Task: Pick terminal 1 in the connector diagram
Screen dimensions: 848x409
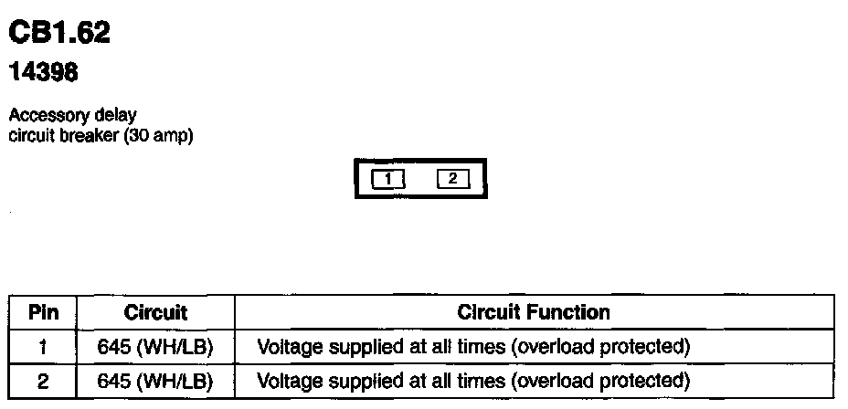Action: pos(387,179)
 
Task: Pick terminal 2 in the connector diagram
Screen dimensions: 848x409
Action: pos(452,179)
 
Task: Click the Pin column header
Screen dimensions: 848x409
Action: pos(43,312)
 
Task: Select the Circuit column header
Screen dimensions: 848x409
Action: pos(155,312)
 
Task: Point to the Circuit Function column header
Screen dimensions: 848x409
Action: pos(534,312)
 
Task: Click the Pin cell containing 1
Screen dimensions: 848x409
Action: pos(43,347)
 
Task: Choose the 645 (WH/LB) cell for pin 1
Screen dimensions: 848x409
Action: pos(155,347)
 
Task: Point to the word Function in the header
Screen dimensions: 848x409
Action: pos(573,312)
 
